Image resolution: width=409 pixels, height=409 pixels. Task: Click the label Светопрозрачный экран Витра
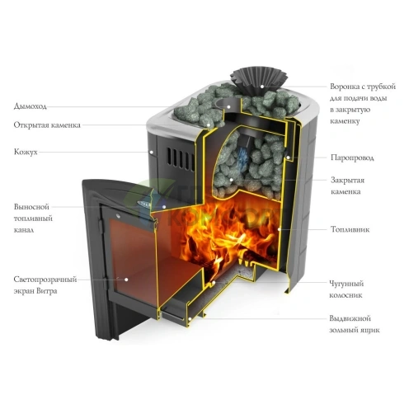(41, 285)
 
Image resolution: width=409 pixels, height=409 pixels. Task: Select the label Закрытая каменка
(346, 186)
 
